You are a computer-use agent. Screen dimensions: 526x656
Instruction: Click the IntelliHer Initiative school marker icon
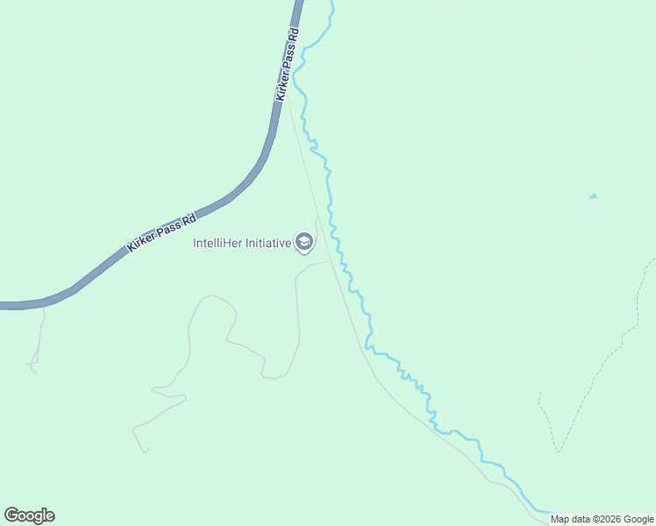click(304, 242)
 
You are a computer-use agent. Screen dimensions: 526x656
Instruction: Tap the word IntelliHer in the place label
click(217, 243)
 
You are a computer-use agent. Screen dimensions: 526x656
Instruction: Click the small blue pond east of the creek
click(593, 195)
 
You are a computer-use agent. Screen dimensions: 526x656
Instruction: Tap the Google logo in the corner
click(29, 515)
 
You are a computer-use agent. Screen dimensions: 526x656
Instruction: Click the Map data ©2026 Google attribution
click(602, 519)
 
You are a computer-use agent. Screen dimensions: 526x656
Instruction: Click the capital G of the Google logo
click(11, 515)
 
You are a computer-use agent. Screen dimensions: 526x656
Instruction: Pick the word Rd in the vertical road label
click(294, 35)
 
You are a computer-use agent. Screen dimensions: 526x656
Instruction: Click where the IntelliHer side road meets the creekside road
click(332, 260)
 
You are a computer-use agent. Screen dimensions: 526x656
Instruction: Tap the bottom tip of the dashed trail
click(558, 451)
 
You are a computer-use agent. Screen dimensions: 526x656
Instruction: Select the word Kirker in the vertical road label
click(282, 84)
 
